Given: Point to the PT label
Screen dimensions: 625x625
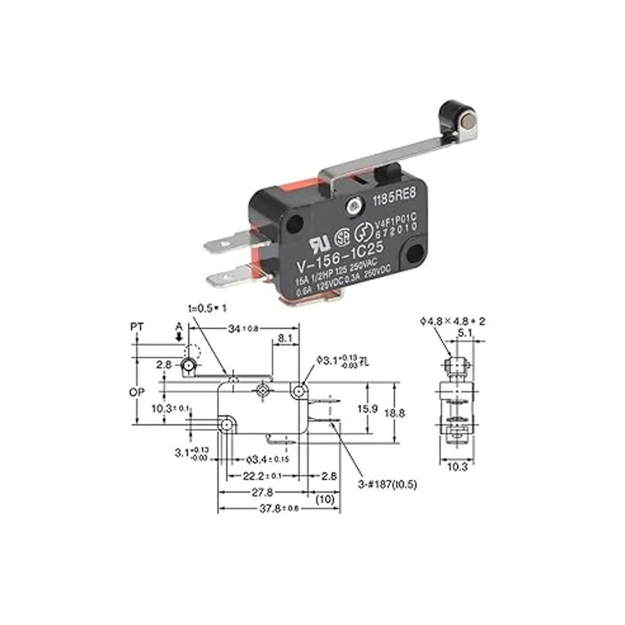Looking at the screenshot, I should [137, 327].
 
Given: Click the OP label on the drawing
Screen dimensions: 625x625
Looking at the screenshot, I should [137, 392].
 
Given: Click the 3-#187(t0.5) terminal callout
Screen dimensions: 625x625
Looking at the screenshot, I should [386, 484].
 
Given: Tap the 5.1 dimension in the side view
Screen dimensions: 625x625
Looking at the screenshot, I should [465, 332].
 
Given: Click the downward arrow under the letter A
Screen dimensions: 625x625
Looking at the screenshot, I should [179, 337].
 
